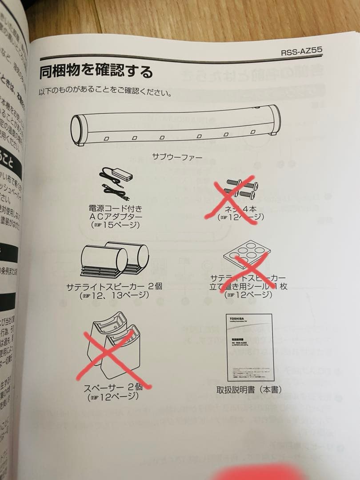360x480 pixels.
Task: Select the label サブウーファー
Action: pos(177,157)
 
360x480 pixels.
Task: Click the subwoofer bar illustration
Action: pos(176,126)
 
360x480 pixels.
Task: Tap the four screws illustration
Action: pos(240,188)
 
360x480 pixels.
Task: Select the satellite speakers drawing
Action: pos(114,260)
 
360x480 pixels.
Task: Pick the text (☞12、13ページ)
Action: pos(115,295)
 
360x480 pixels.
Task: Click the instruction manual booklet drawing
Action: pos(249,347)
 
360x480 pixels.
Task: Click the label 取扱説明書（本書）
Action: pos(249,390)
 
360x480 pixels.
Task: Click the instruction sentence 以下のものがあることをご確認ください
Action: pos(106,93)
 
